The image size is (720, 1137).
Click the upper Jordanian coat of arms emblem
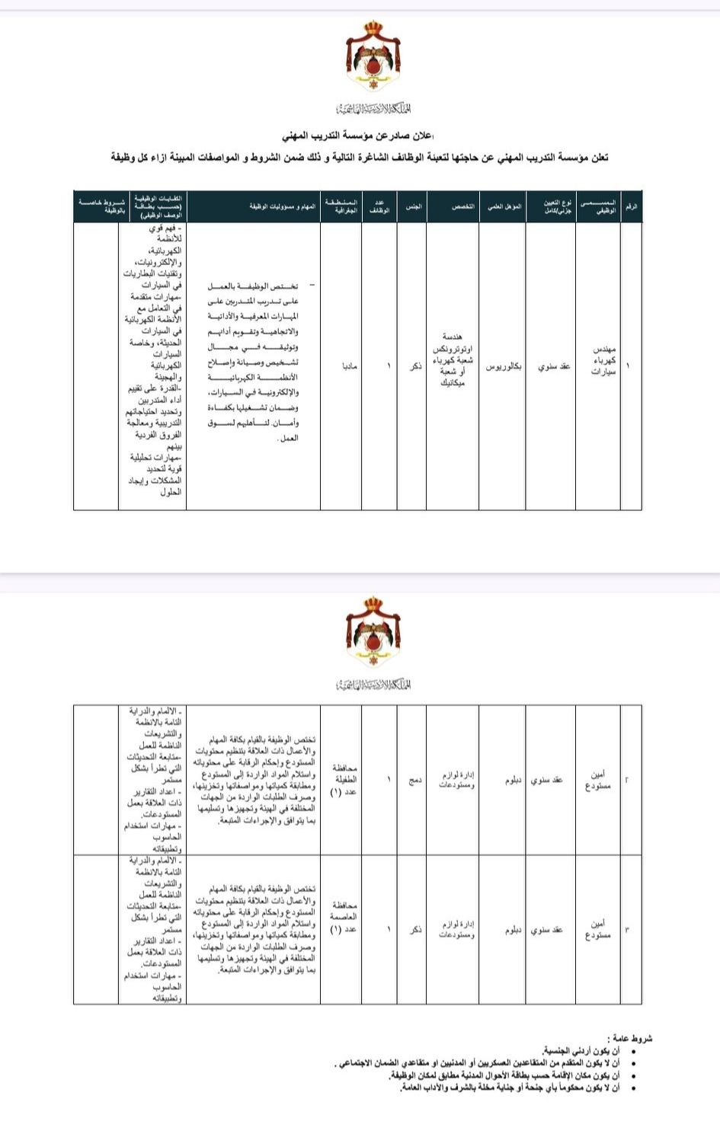(373, 57)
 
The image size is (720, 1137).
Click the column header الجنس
(412, 206)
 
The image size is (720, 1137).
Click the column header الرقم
(631, 206)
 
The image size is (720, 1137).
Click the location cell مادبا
(349, 366)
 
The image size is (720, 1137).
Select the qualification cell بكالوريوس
(504, 366)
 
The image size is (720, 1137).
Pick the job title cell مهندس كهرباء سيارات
(604, 360)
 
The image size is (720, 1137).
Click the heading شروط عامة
(629, 1038)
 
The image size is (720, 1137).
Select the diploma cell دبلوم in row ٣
(513, 930)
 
